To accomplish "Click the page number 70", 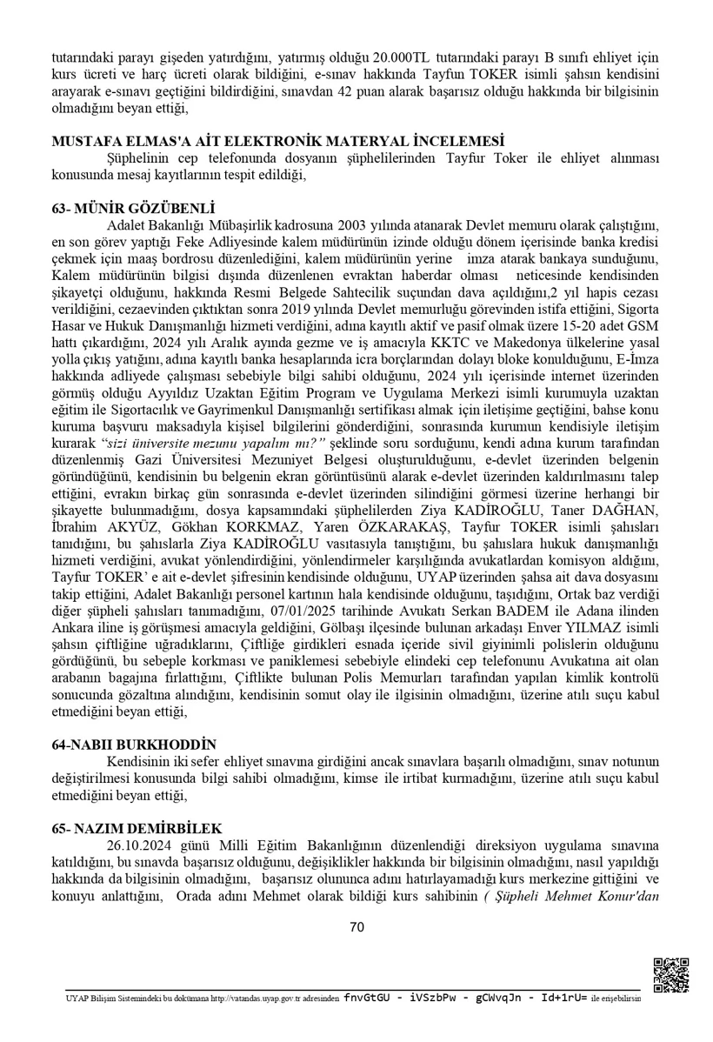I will click(356, 926).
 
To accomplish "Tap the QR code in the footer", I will click(670, 974).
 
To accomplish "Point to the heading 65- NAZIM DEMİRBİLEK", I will click(137, 828).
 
